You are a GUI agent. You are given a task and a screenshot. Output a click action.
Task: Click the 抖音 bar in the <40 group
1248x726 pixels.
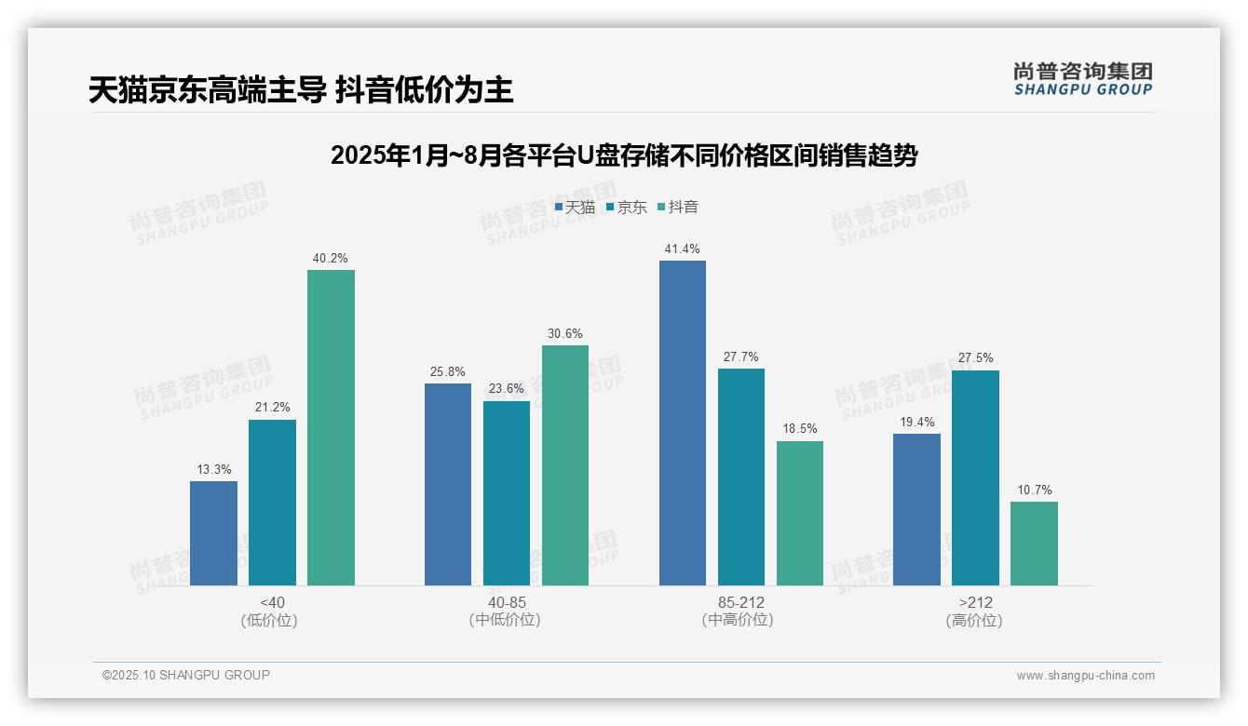(331, 427)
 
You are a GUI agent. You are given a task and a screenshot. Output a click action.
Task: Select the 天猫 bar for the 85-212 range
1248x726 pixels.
(683, 423)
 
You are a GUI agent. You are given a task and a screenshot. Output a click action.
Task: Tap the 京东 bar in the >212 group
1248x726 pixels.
(975, 477)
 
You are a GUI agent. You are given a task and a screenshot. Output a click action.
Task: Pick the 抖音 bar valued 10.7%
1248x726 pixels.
(1034, 544)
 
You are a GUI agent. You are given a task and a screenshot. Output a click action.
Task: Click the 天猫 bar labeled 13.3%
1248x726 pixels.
(213, 533)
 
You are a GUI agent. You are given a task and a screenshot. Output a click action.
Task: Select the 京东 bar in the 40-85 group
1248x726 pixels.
(507, 493)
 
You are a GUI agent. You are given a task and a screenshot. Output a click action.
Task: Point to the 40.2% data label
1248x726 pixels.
(330, 259)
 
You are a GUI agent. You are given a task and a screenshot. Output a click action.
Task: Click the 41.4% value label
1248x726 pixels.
(682, 249)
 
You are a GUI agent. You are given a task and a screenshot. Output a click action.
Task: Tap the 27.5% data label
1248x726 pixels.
(975, 358)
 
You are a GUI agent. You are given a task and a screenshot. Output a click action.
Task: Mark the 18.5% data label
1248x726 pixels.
(799, 429)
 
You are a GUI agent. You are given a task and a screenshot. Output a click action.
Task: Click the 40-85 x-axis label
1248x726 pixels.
(506, 602)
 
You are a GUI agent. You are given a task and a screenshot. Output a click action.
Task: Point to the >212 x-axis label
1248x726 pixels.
(974, 602)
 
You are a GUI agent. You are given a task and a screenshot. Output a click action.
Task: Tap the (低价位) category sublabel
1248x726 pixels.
(270, 621)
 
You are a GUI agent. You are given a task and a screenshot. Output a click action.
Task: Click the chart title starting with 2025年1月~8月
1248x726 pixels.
(624, 155)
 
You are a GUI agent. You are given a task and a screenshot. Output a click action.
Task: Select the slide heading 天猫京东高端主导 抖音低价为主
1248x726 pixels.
(301, 90)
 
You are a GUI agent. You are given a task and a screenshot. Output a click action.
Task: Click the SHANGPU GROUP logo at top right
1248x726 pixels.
(1082, 79)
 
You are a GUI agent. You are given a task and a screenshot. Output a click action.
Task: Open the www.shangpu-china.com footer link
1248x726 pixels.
(1085, 676)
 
